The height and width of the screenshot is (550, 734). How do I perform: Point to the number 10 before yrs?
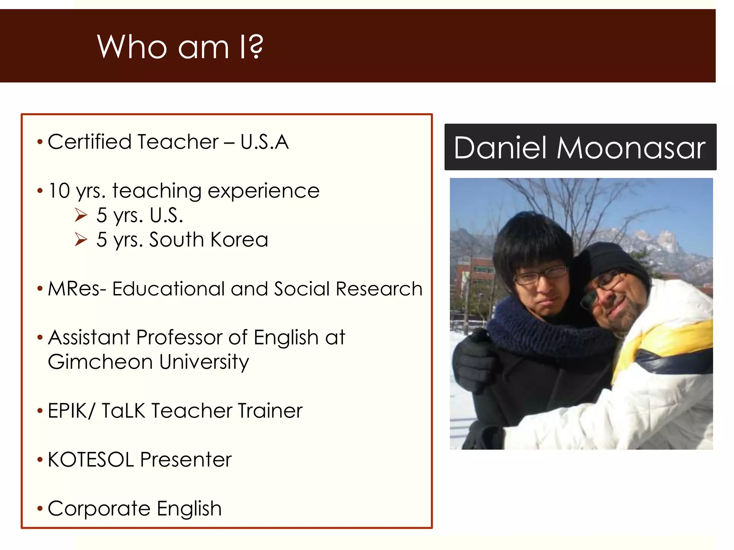click(x=59, y=190)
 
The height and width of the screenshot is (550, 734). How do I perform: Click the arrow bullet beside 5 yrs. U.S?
click(x=81, y=215)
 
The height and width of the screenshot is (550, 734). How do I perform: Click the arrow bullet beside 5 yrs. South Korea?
click(x=81, y=240)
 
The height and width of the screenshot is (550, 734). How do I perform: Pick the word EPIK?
click(x=67, y=411)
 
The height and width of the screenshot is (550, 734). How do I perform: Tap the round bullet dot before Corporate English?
click(x=40, y=508)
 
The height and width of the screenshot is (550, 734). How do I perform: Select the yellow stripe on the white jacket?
click(x=663, y=340)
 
